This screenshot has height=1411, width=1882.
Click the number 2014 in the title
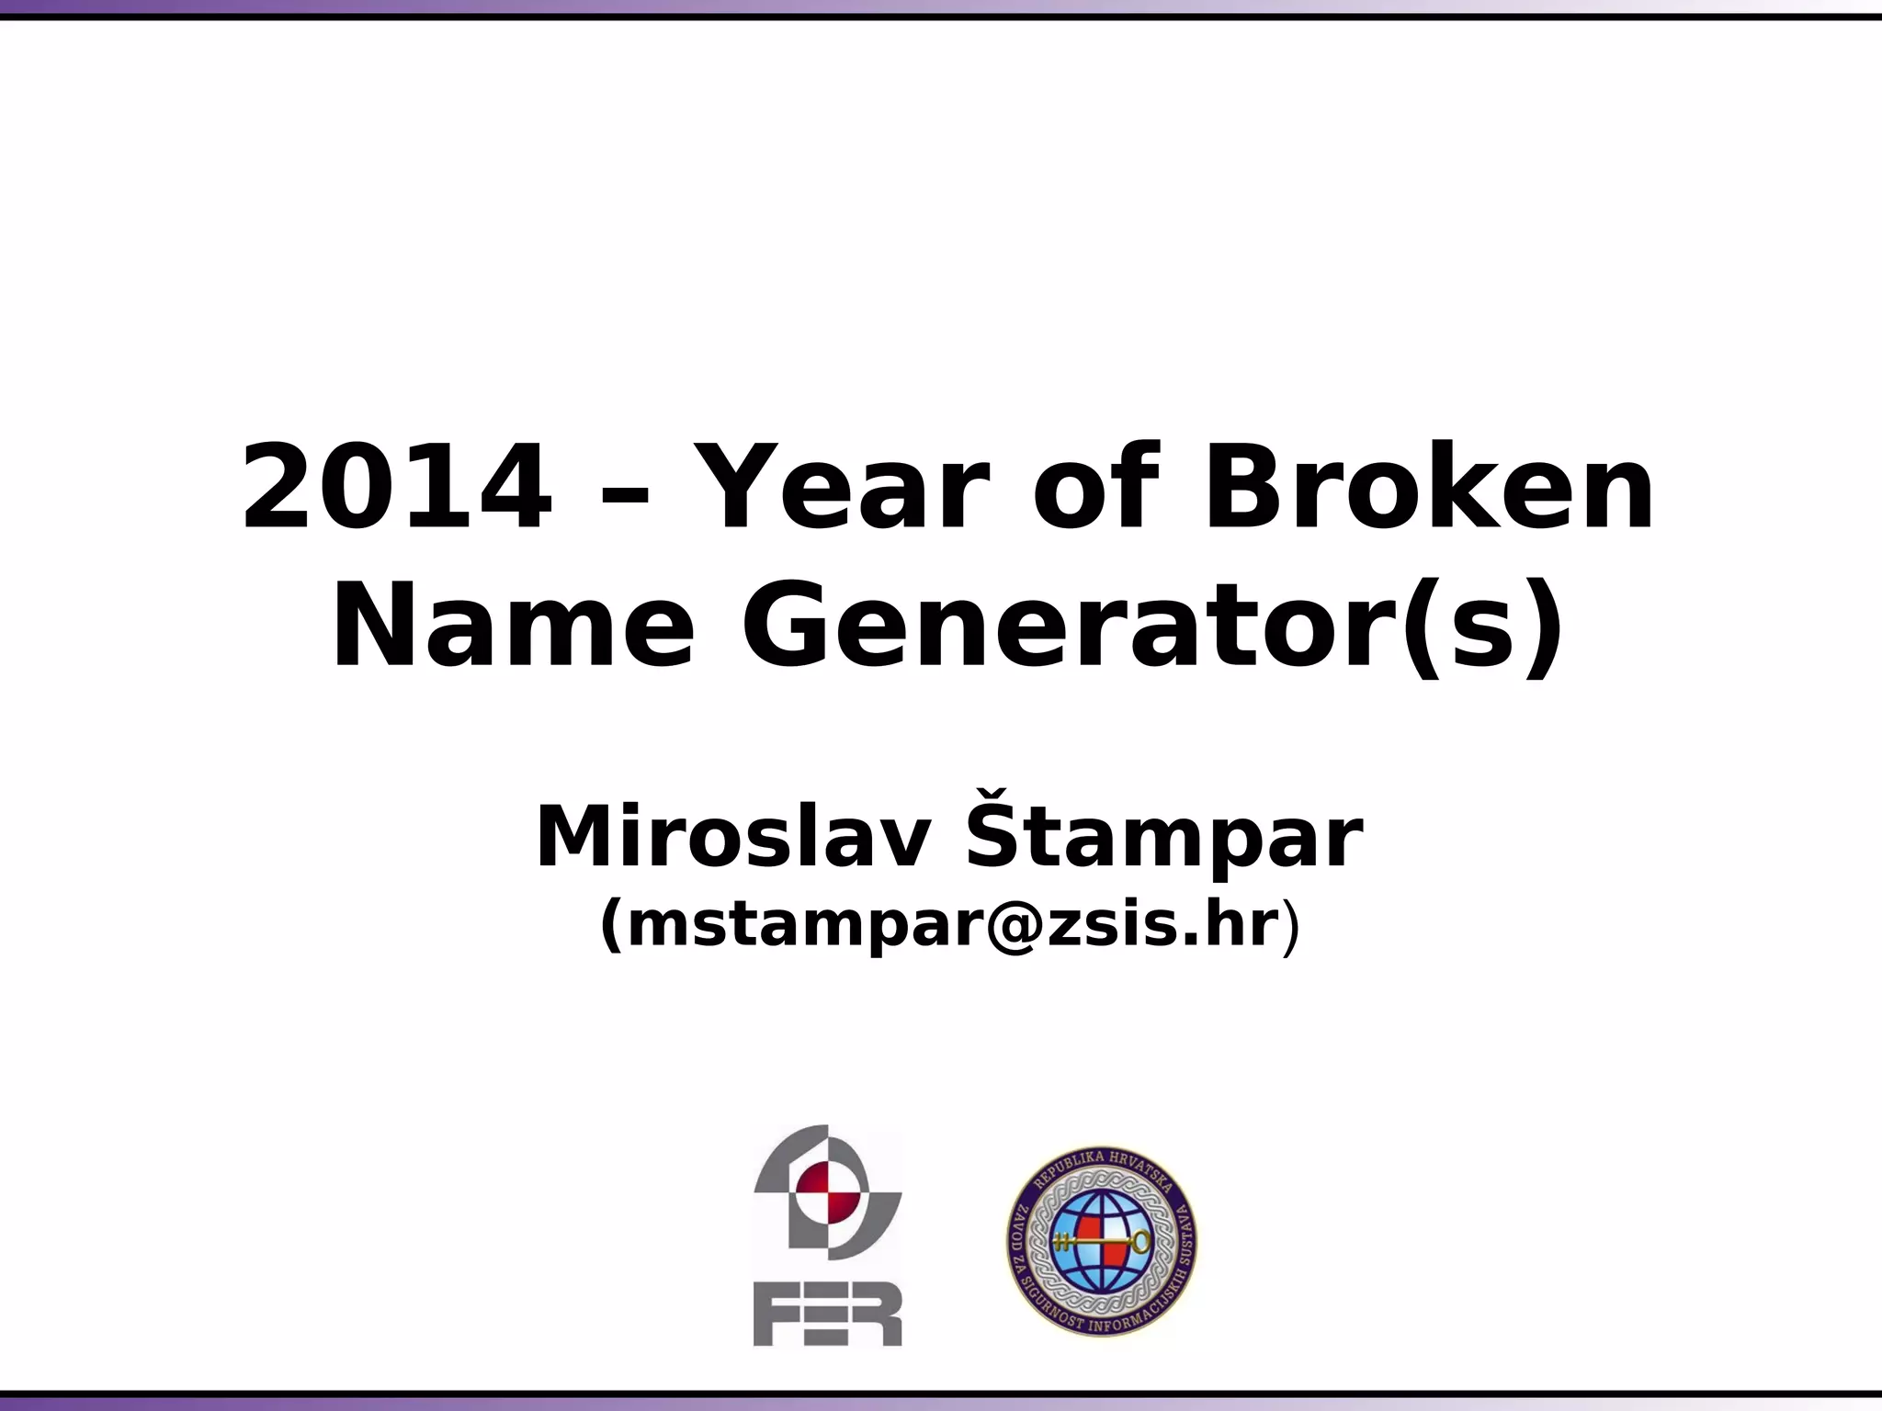coord(397,487)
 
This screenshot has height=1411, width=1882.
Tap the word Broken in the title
coord(1428,487)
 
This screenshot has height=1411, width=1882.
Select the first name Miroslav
coord(731,837)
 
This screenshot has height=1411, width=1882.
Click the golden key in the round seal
coord(1102,1243)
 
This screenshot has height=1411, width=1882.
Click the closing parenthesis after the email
coord(1291,928)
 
